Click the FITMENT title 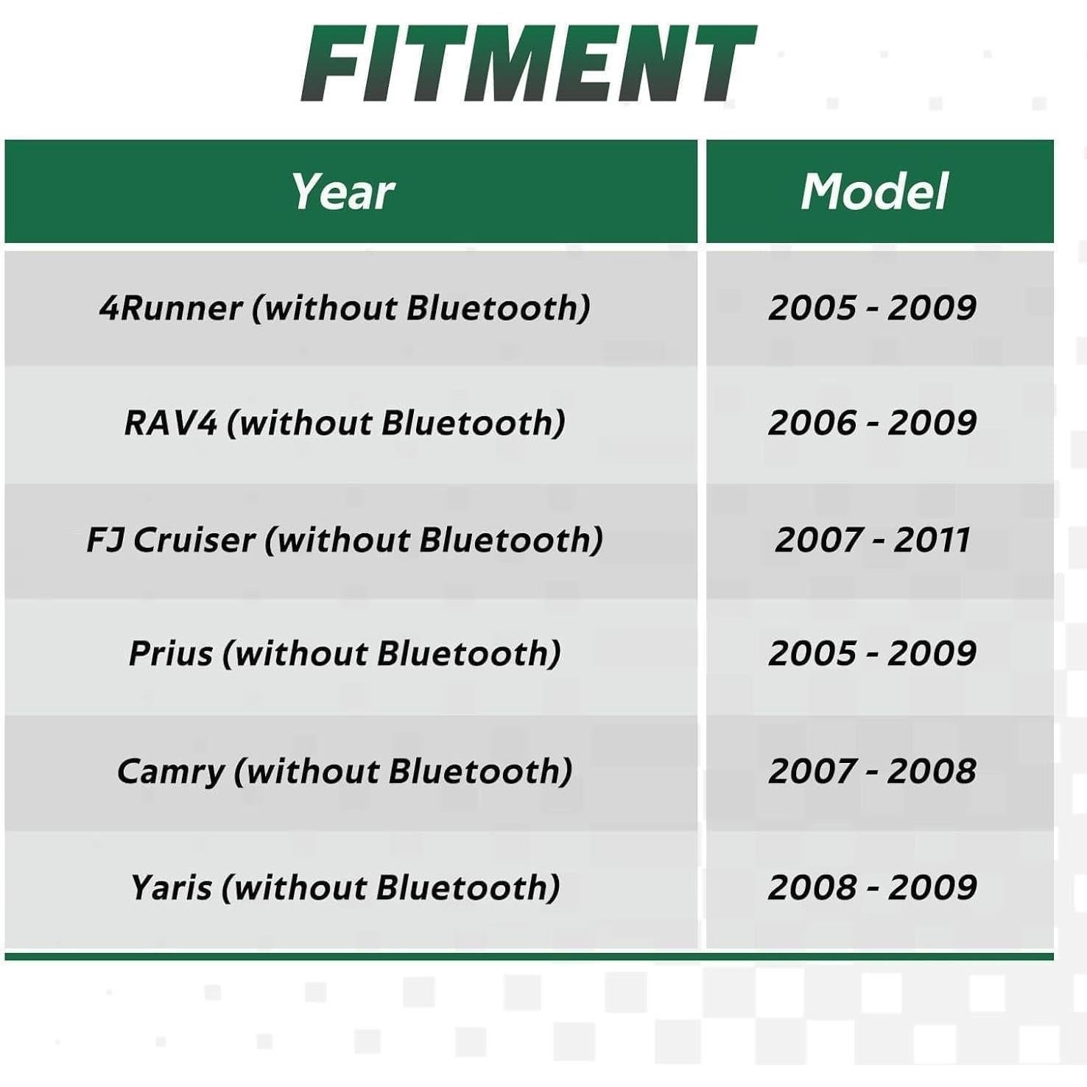529,63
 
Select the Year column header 343,191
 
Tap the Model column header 875,191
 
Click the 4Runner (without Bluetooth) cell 345,308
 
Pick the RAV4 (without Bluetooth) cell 345,423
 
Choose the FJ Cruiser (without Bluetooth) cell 345,540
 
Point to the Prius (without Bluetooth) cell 345,654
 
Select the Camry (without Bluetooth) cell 345,772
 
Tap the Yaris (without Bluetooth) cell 345,887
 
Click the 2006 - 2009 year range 873,423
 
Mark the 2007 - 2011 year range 873,540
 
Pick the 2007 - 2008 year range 873,771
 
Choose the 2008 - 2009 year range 873,887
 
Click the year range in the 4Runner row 873,307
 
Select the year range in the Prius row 873,653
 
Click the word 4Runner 171,308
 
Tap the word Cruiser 194,540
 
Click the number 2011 932,540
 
